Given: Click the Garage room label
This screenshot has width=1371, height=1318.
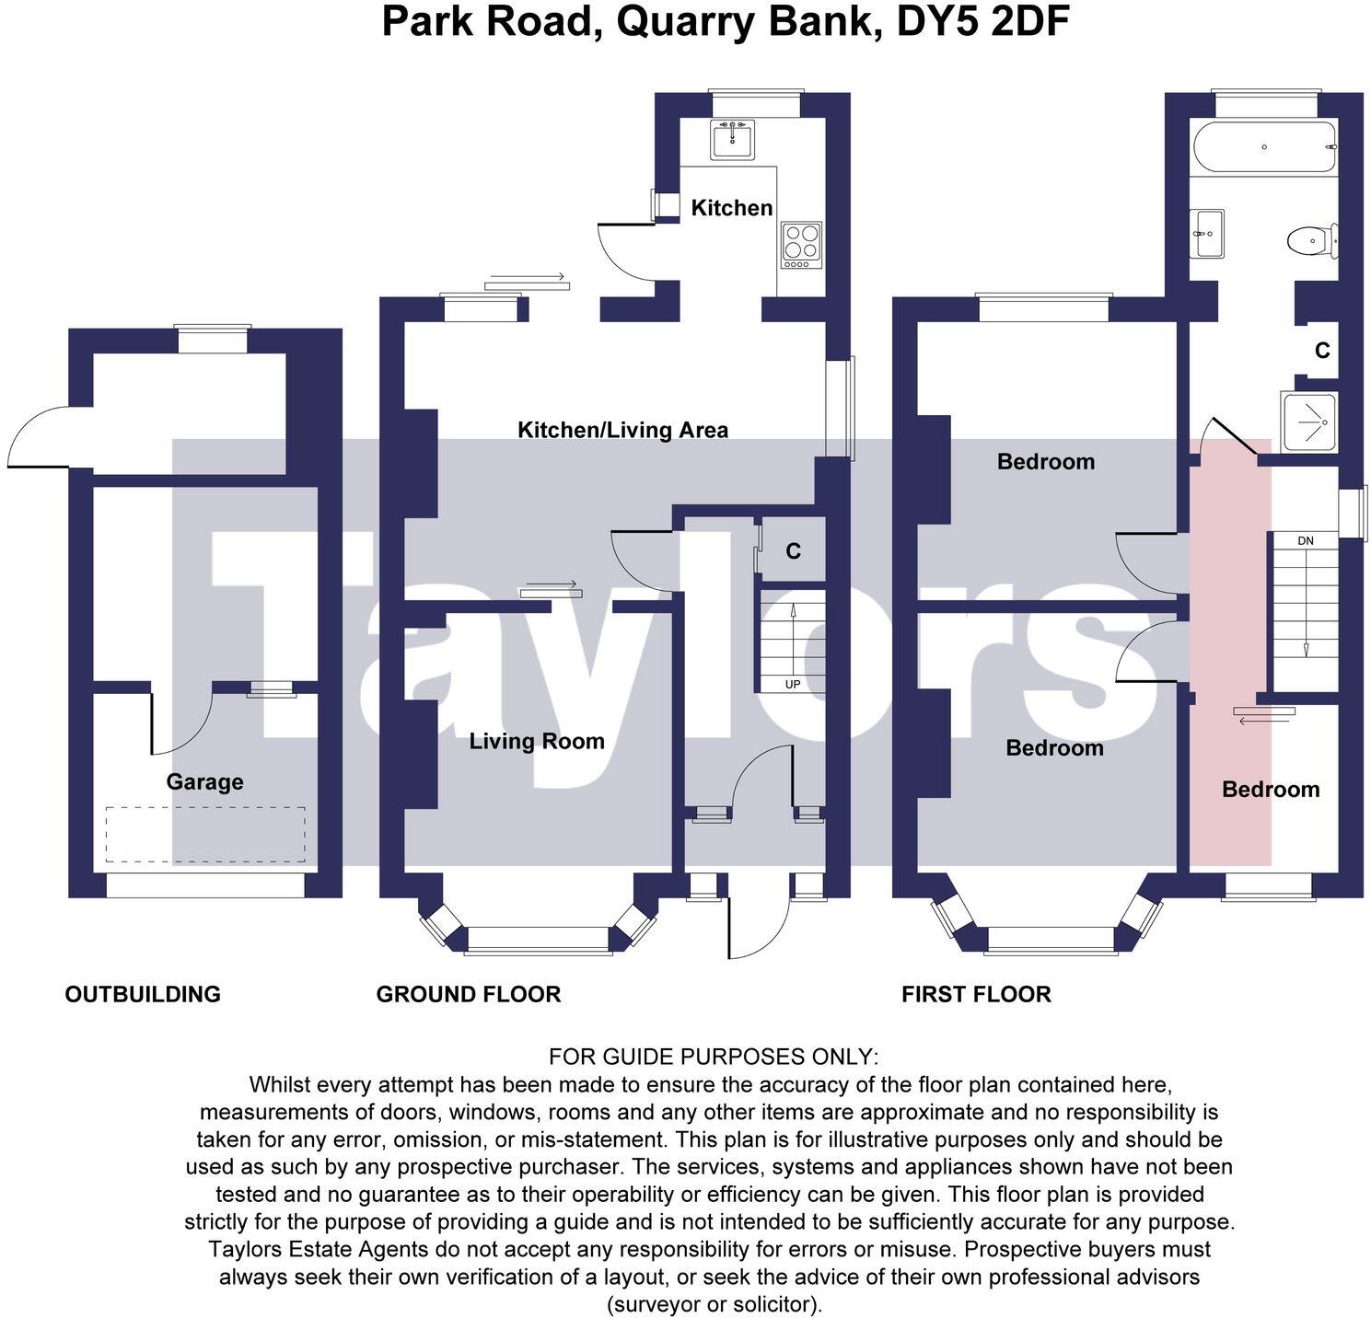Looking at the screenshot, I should (204, 782).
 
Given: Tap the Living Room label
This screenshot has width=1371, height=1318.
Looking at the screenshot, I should (537, 741).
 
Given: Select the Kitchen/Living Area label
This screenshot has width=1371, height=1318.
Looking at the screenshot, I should (622, 430).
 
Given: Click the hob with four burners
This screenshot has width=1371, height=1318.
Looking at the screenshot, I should (799, 245).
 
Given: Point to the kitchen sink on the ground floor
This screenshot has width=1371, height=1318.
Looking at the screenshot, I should (732, 139).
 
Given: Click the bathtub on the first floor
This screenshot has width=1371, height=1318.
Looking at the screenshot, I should (1263, 147).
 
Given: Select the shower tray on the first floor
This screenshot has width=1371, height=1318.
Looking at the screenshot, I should (1309, 422).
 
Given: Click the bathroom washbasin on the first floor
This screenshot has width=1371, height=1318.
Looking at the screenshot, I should (1207, 234).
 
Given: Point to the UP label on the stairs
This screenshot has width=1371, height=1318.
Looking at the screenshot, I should (792, 685).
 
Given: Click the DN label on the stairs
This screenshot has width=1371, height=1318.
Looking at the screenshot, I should (1306, 541).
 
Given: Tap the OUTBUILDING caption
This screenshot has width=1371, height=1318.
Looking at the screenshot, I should (143, 994).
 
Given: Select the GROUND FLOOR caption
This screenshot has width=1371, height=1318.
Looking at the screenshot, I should (469, 994).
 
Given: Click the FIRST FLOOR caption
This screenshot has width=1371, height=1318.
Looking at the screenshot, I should (976, 994).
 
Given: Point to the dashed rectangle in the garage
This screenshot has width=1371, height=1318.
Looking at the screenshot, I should (204, 835).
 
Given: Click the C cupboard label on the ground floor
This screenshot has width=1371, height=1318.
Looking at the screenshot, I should (793, 551).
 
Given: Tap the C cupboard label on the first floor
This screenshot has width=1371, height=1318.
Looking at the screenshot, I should (1322, 351).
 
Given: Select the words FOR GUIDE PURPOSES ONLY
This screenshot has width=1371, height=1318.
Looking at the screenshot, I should (714, 1057).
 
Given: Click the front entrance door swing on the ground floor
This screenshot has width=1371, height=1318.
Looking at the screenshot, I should (760, 925).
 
